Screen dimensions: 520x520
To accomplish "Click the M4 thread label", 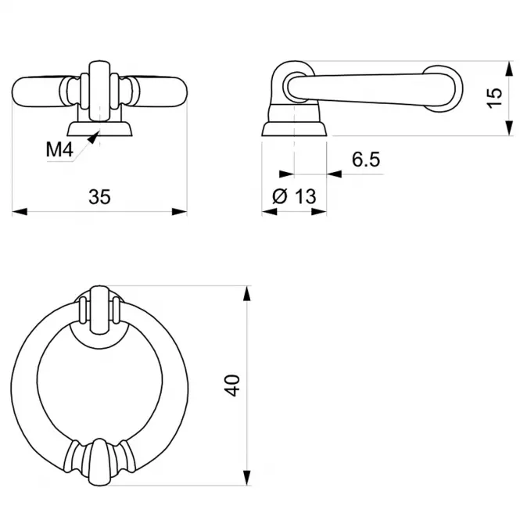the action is tap(59, 149).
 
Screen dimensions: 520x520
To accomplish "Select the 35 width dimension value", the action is tap(99, 196).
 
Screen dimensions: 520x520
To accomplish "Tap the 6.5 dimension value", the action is tap(366, 160).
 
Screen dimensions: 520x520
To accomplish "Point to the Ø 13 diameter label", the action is tap(294, 196).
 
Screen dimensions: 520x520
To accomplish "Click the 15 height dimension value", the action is tap(494, 98).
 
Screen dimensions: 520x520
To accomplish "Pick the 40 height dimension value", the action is tap(231, 386).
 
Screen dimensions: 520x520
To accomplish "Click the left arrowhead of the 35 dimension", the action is tap(20, 212).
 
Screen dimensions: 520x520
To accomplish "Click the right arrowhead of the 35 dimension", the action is tap(179, 212).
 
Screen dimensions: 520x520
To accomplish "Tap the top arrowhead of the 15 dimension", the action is tap(509, 69).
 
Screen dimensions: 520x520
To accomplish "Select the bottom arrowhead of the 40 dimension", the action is tap(247, 478).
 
